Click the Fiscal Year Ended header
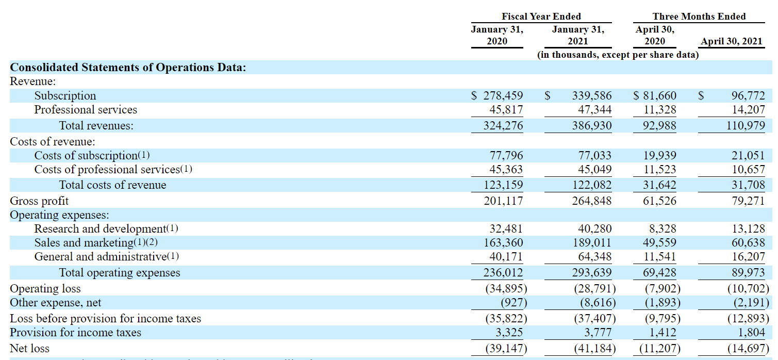click(541, 17)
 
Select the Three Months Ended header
click(699, 17)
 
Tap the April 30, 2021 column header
click(732, 41)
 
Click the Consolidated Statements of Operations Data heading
click(128, 68)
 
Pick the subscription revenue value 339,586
click(591, 96)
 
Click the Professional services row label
click(86, 110)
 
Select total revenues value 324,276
click(503, 126)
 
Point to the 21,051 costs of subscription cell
click(748, 156)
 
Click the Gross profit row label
click(39, 201)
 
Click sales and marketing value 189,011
click(591, 243)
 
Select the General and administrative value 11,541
click(660, 257)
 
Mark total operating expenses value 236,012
click(503, 273)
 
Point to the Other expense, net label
click(56, 303)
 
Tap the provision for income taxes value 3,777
click(594, 333)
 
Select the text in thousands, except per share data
click(618, 55)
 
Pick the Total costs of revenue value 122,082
click(591, 185)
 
